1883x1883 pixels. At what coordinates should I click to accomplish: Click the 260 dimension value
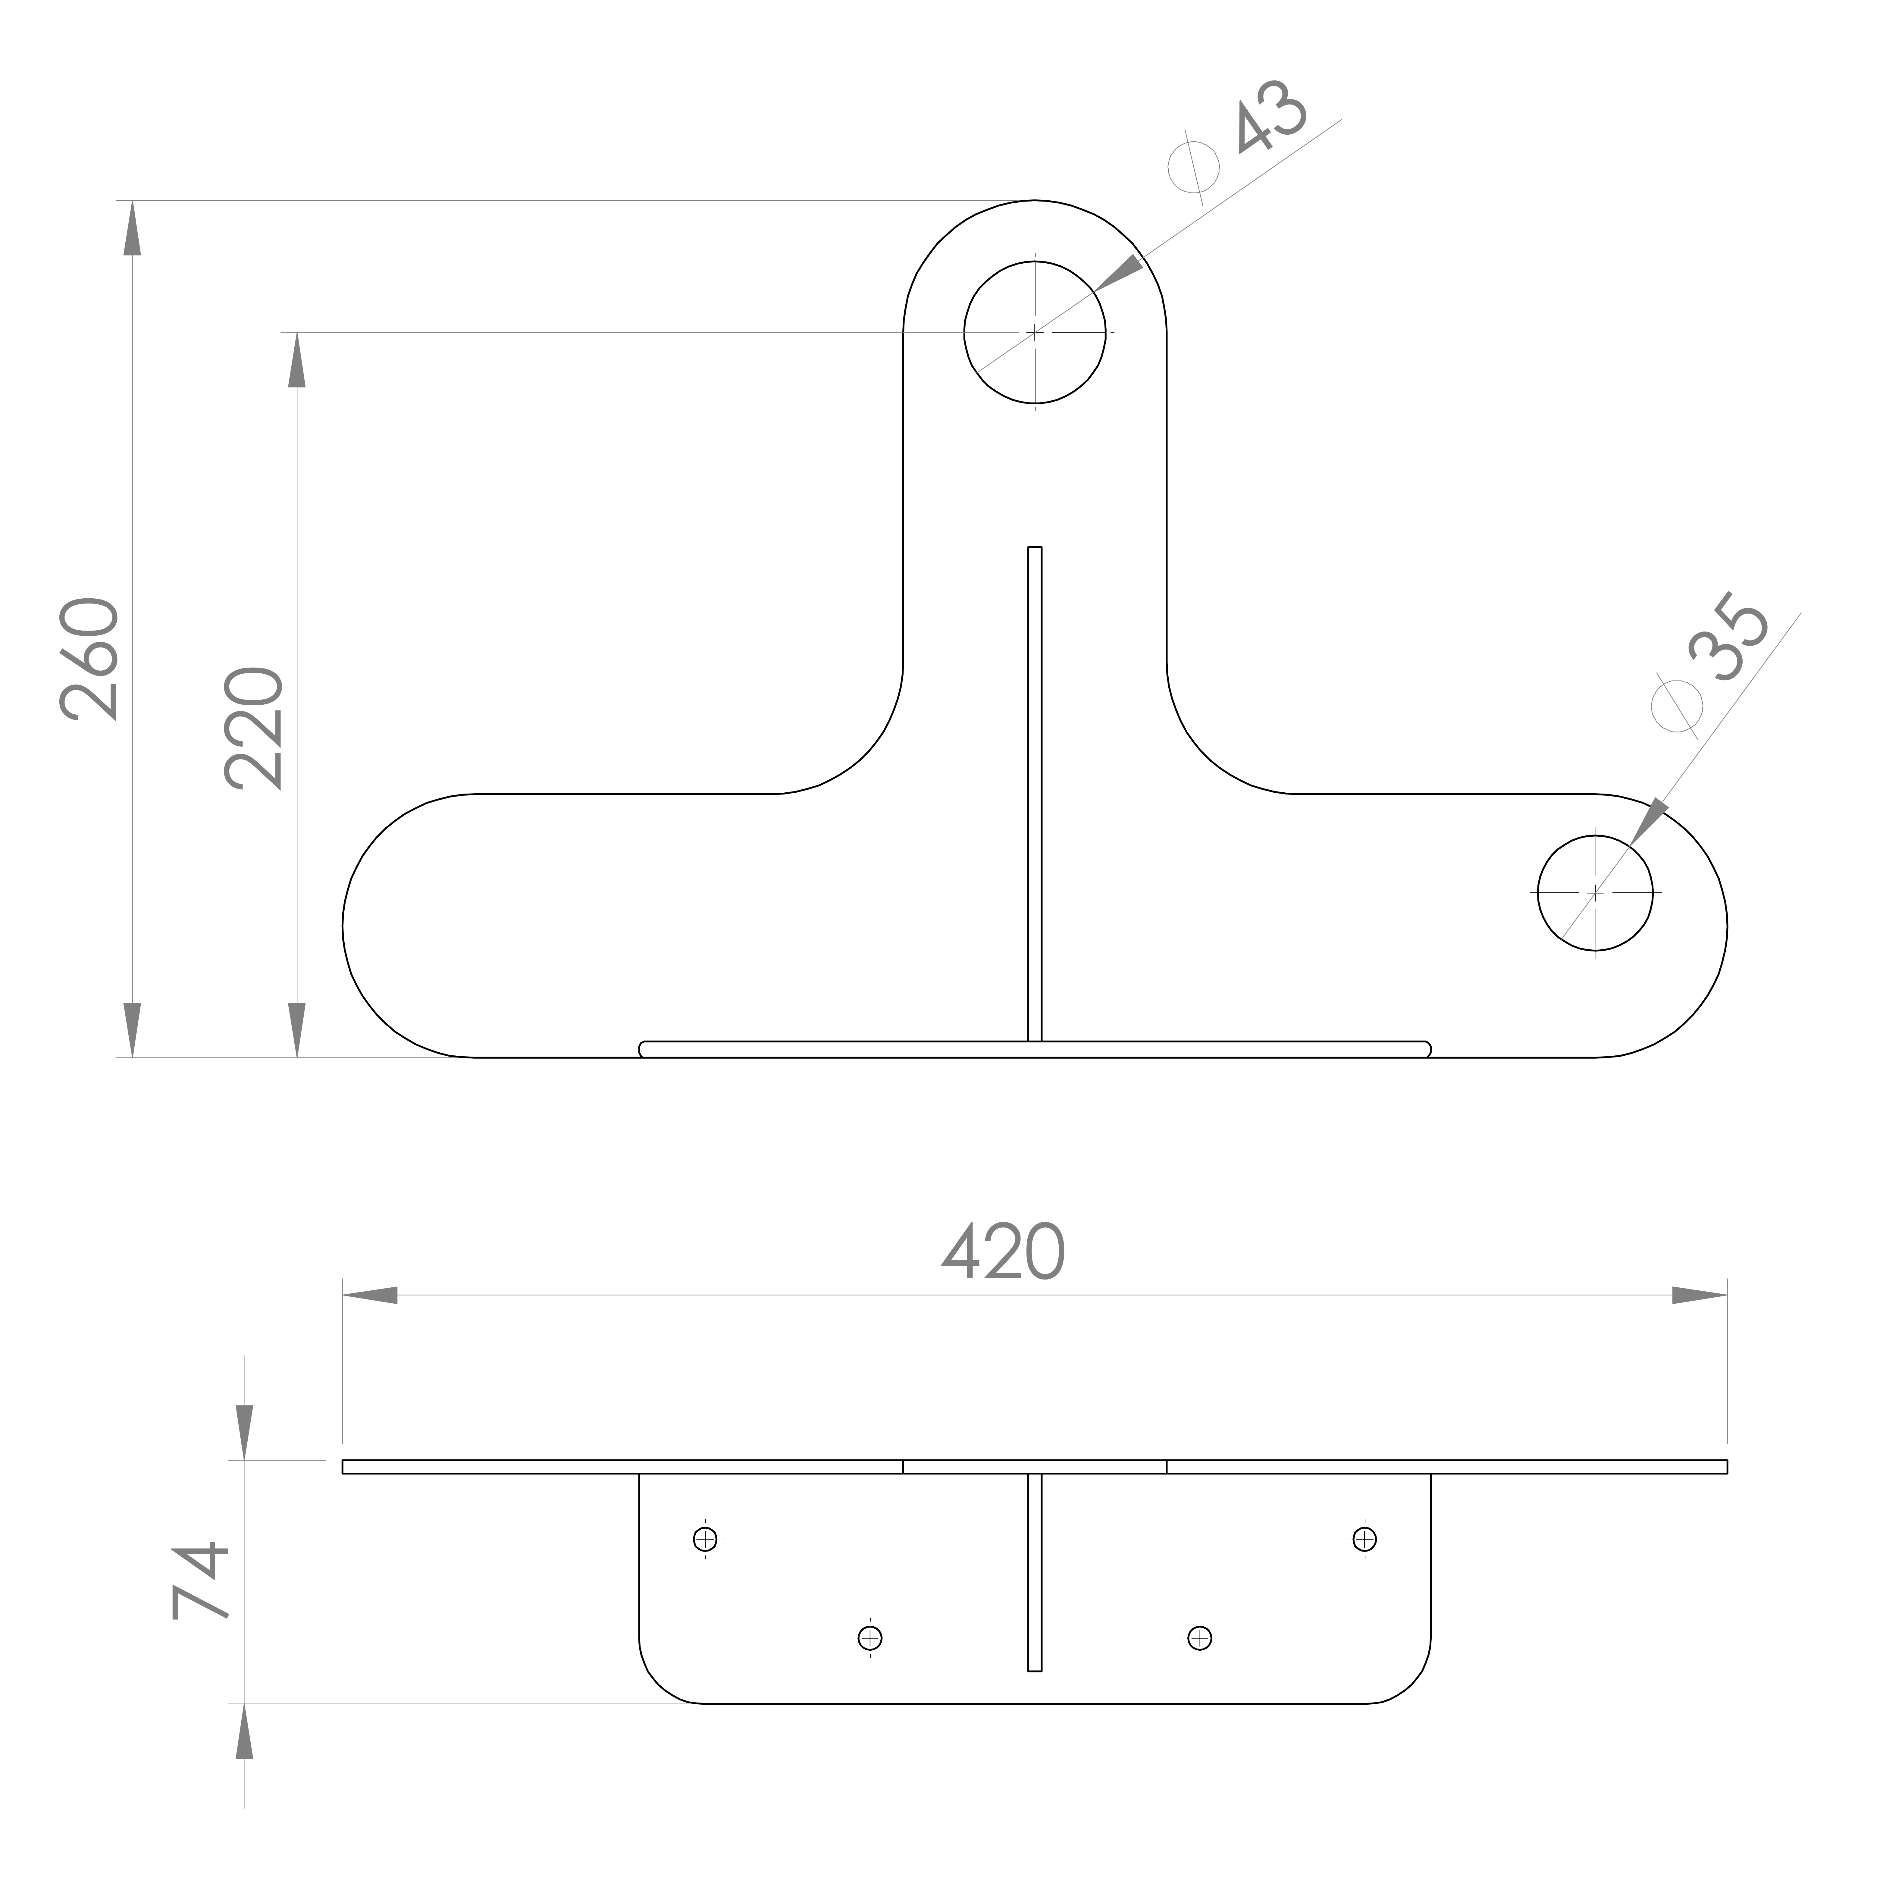[90, 660]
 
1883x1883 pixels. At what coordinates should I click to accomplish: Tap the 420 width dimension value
[1004, 1252]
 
